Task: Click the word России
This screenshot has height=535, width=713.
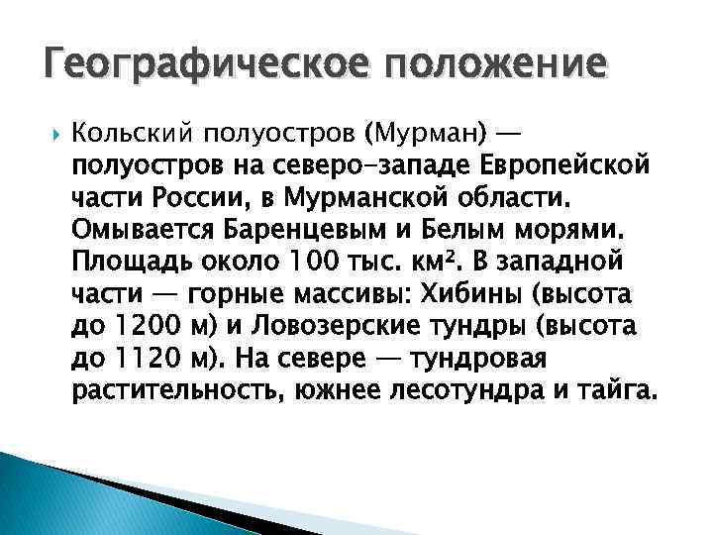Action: coord(219,196)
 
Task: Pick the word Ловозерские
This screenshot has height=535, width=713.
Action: coord(333,326)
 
